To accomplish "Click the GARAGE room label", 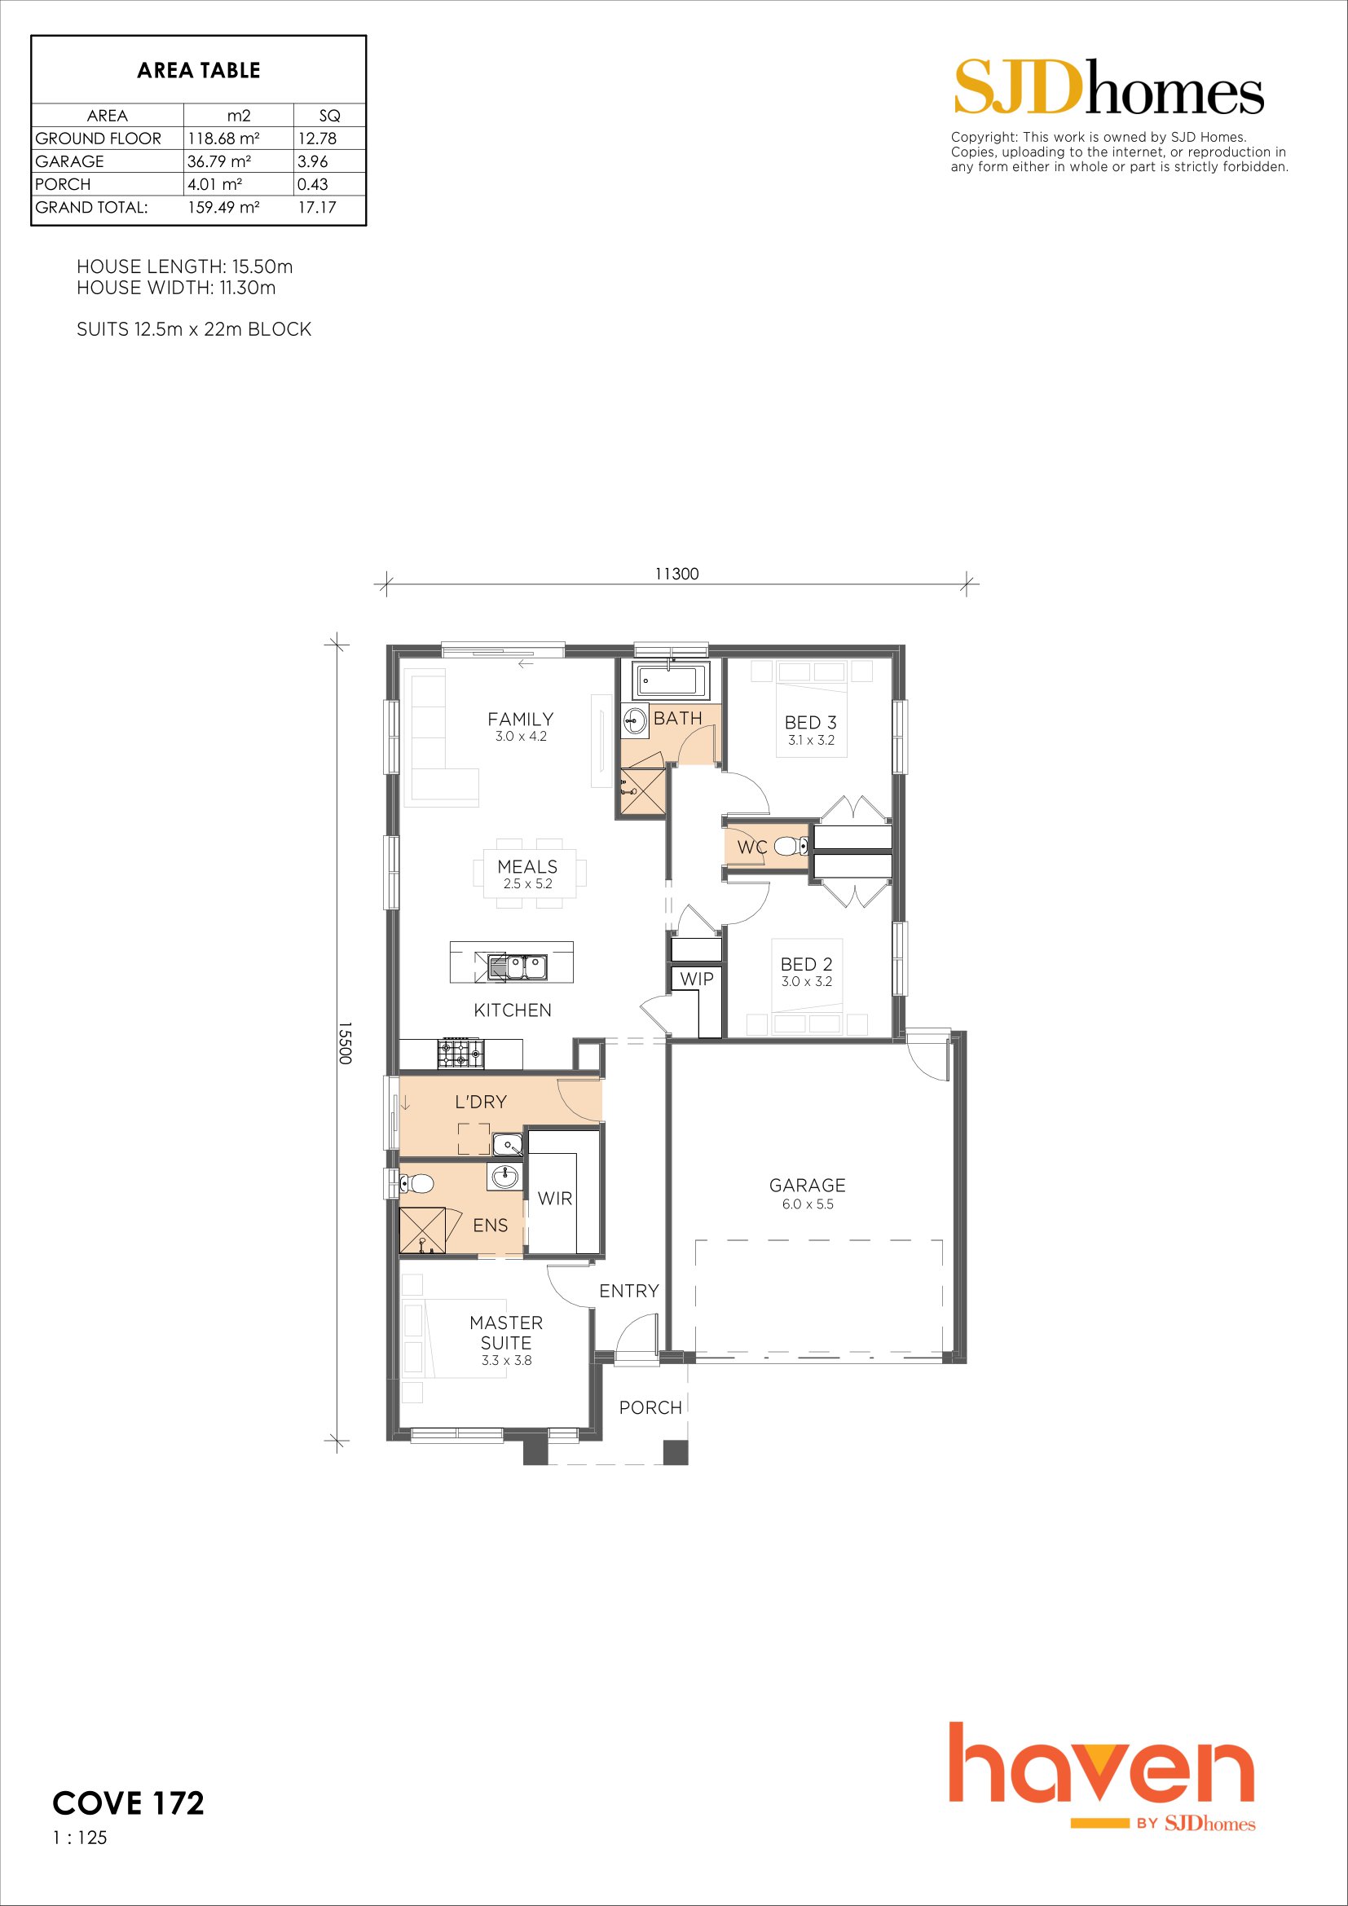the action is coord(807,1186).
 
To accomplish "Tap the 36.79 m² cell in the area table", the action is coord(219,161).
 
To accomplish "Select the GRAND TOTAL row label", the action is coord(91,208).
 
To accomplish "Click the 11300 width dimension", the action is coord(676,574).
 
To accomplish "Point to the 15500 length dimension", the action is coord(346,1044).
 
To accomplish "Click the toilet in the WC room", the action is coord(791,847).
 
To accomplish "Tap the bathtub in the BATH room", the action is coord(670,680).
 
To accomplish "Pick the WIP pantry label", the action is coord(696,979).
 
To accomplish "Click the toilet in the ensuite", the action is coord(415,1182).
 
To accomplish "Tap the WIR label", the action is coord(554,1198).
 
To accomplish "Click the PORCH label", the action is coord(650,1407).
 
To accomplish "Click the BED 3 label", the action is coord(810,723).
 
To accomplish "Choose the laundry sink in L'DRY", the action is coord(507,1145).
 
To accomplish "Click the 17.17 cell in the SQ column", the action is coord(317,208).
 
